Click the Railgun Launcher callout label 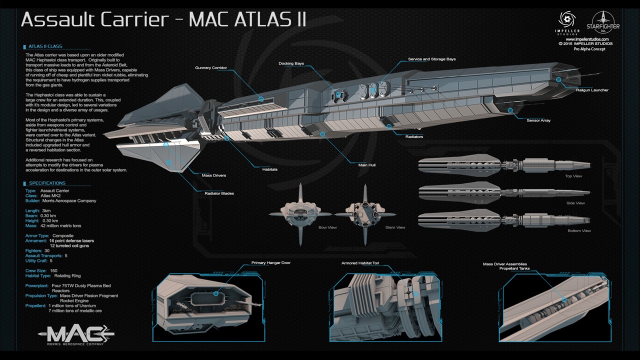coord(592,90)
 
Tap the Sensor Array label coord(538,120)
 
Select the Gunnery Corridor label coord(210,68)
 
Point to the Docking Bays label coord(291,64)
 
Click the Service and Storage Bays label coord(432,59)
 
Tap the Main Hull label coord(367,164)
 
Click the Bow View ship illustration coord(300,214)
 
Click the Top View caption coord(573,176)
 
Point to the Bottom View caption coord(579,231)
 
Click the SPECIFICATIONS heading coord(47,183)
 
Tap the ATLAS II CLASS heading coord(45,46)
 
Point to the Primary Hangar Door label coord(270,263)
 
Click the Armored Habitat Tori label coord(360,263)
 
